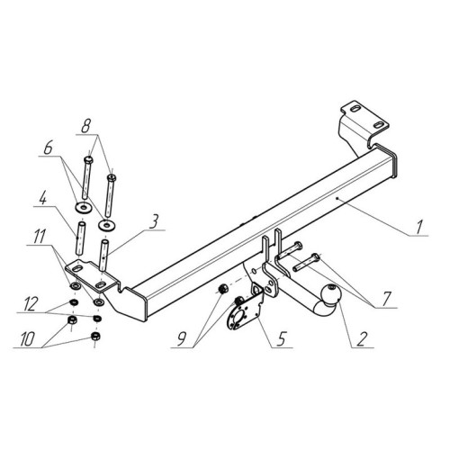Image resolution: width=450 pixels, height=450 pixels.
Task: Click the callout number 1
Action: click(x=419, y=227)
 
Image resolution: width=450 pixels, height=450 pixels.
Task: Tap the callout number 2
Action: click(x=362, y=339)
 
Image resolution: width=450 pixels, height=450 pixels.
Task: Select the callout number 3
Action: click(x=153, y=222)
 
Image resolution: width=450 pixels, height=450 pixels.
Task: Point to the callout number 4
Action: click(x=43, y=198)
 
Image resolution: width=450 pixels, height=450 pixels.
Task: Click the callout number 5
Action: click(x=281, y=339)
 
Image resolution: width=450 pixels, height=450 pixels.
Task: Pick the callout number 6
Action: click(x=48, y=148)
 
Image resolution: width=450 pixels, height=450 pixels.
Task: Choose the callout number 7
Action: click(x=386, y=298)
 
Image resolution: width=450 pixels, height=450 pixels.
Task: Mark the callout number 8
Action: click(x=85, y=126)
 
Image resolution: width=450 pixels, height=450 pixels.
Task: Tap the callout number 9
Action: click(x=182, y=339)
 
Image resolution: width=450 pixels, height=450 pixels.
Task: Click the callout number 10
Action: click(x=28, y=339)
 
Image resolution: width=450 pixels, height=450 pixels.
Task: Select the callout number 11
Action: click(x=39, y=237)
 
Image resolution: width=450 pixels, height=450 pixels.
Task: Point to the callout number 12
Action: click(x=31, y=304)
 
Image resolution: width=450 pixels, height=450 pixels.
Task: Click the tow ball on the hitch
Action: click(x=330, y=294)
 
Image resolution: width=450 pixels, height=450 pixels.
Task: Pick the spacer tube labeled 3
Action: click(x=103, y=256)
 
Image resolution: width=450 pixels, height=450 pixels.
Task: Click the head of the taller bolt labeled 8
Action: click(x=88, y=159)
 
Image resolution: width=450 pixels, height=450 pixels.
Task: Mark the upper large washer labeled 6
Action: click(x=83, y=207)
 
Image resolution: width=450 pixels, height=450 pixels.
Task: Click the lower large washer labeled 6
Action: click(x=107, y=225)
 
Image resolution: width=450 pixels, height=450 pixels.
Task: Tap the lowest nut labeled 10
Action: click(x=95, y=337)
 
